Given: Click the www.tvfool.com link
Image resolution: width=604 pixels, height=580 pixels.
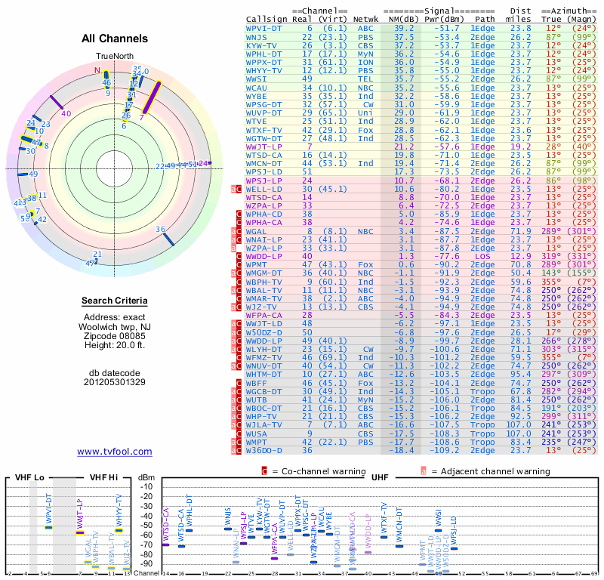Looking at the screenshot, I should [x=115, y=452].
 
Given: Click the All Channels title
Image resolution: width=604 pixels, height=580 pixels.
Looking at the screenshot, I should [x=114, y=39].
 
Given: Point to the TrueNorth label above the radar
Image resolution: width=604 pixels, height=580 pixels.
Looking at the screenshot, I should [x=114, y=57].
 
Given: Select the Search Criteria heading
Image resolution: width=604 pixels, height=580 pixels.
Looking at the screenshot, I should [x=114, y=301].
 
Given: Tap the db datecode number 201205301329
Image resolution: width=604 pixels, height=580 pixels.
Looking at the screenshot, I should [x=115, y=382].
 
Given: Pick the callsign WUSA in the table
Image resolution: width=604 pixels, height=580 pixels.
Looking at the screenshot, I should [x=258, y=433].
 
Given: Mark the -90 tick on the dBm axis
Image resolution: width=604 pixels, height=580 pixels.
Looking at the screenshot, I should [x=146, y=563].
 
